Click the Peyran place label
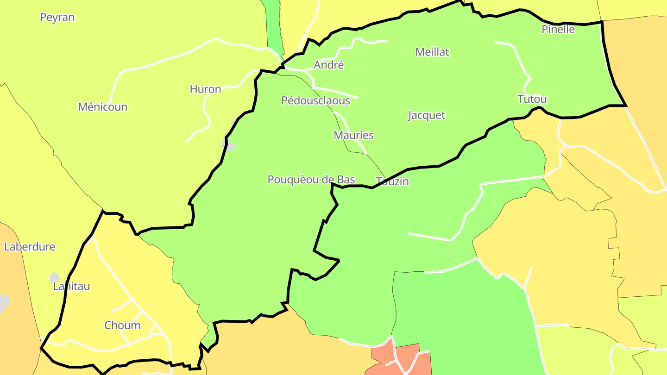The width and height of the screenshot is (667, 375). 57,18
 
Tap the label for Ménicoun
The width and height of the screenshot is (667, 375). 102,107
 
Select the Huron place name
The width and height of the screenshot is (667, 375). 205,89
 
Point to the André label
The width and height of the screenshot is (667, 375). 329,65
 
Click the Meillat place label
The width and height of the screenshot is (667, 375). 432,52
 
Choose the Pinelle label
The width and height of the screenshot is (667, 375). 558,30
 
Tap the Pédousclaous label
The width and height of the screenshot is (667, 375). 315,100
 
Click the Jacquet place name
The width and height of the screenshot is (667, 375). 426,115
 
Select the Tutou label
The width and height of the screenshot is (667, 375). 532,99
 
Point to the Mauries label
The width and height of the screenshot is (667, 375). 353,135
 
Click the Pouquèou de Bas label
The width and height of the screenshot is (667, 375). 311,180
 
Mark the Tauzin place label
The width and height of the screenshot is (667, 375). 392,181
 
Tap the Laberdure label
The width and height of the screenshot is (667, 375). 30,247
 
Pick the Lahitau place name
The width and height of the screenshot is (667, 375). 71,286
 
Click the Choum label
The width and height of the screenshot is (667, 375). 122,325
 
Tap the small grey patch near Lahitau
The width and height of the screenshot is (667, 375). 54,277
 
